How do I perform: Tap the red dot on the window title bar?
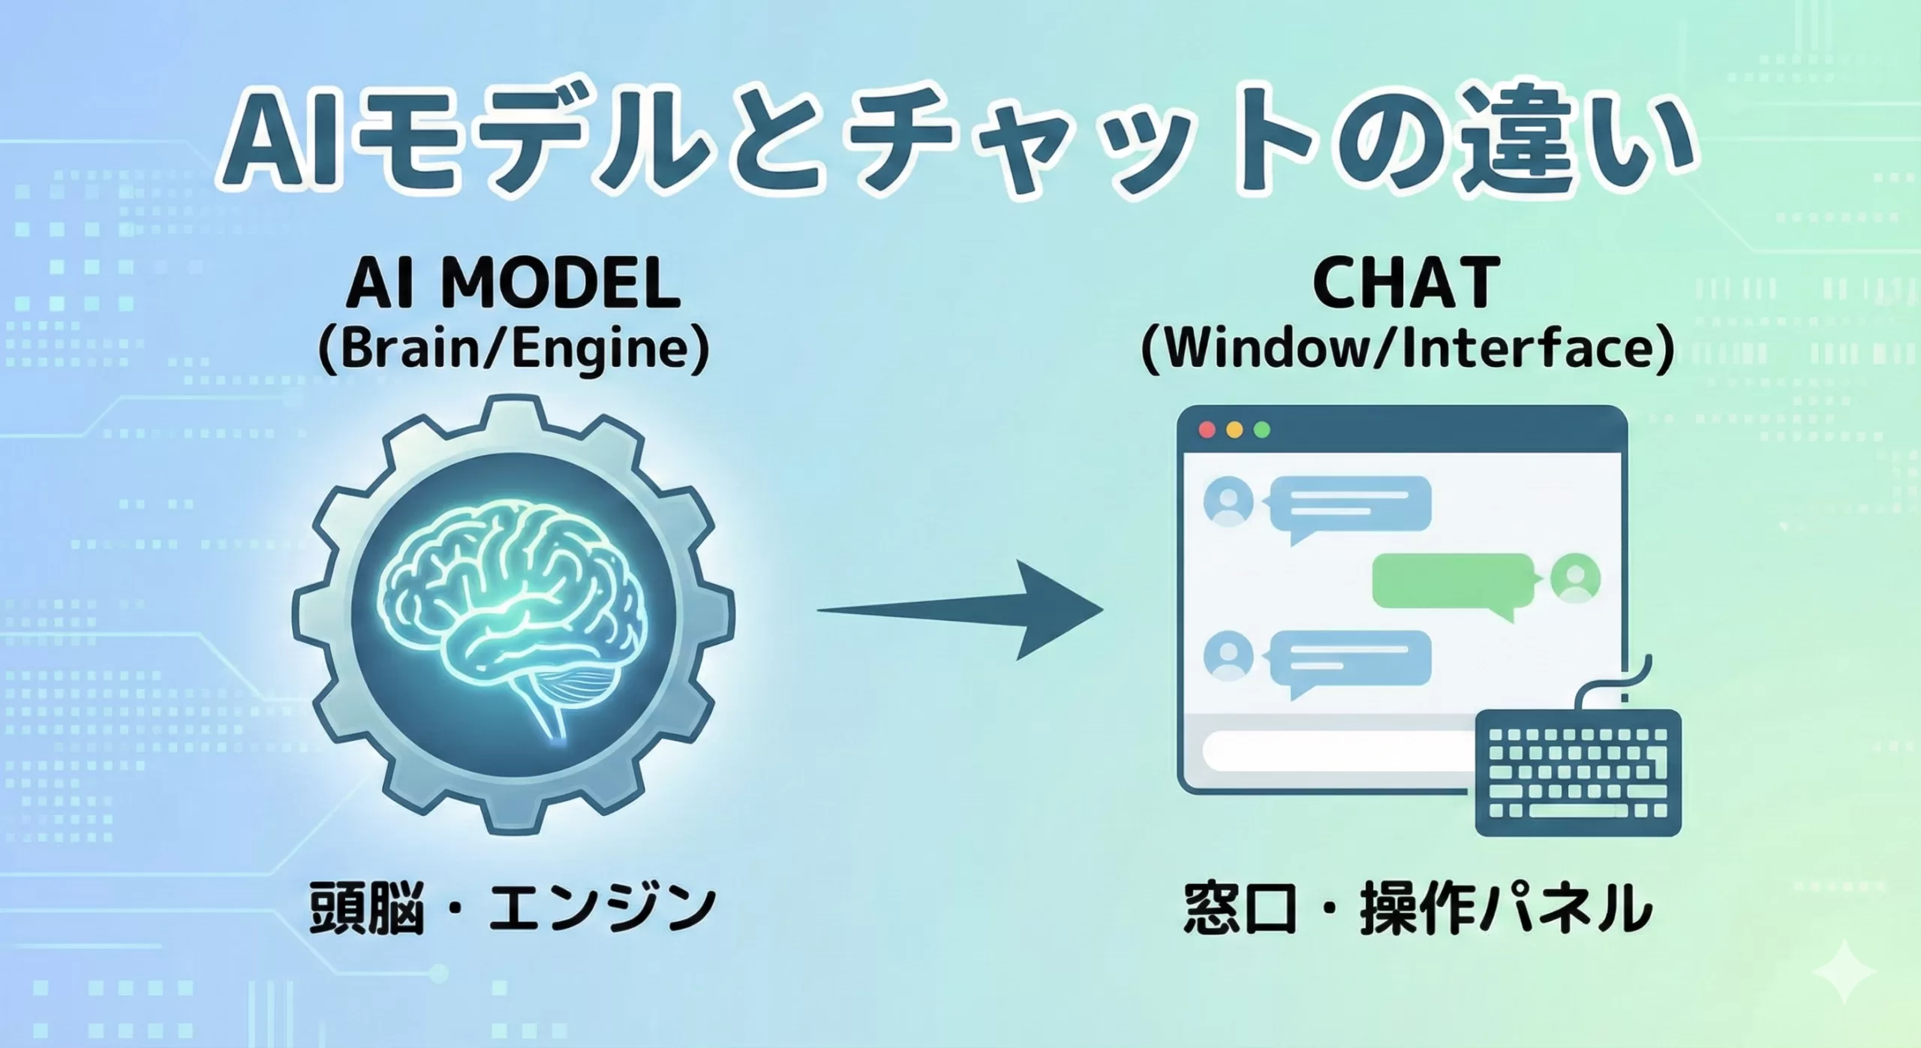[1207, 430]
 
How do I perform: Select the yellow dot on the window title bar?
[1234, 430]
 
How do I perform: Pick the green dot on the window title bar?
[1261, 430]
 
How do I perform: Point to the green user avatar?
[1575, 580]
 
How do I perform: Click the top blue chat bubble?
[1351, 504]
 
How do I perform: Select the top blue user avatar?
[1228, 502]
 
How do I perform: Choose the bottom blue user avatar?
[1228, 656]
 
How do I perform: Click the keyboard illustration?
[1577, 773]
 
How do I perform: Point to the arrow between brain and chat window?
[960, 610]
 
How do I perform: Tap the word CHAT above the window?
[1405, 285]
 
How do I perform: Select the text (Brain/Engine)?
[514, 350]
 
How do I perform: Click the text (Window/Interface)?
[1407, 350]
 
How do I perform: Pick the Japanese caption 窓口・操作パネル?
[1418, 909]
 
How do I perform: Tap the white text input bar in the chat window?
[1336, 751]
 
